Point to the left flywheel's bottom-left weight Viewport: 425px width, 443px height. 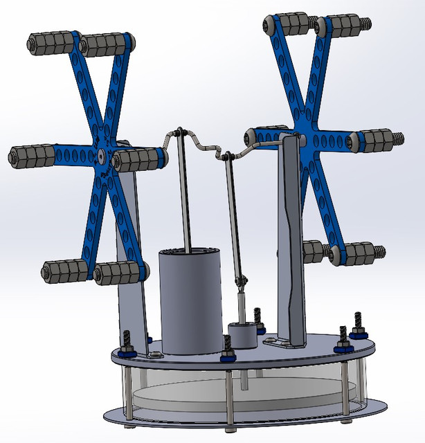(64, 272)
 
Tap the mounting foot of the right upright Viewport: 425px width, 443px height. (281, 342)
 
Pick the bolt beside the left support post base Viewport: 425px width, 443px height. (129, 342)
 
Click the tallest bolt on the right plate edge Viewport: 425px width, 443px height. (358, 325)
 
